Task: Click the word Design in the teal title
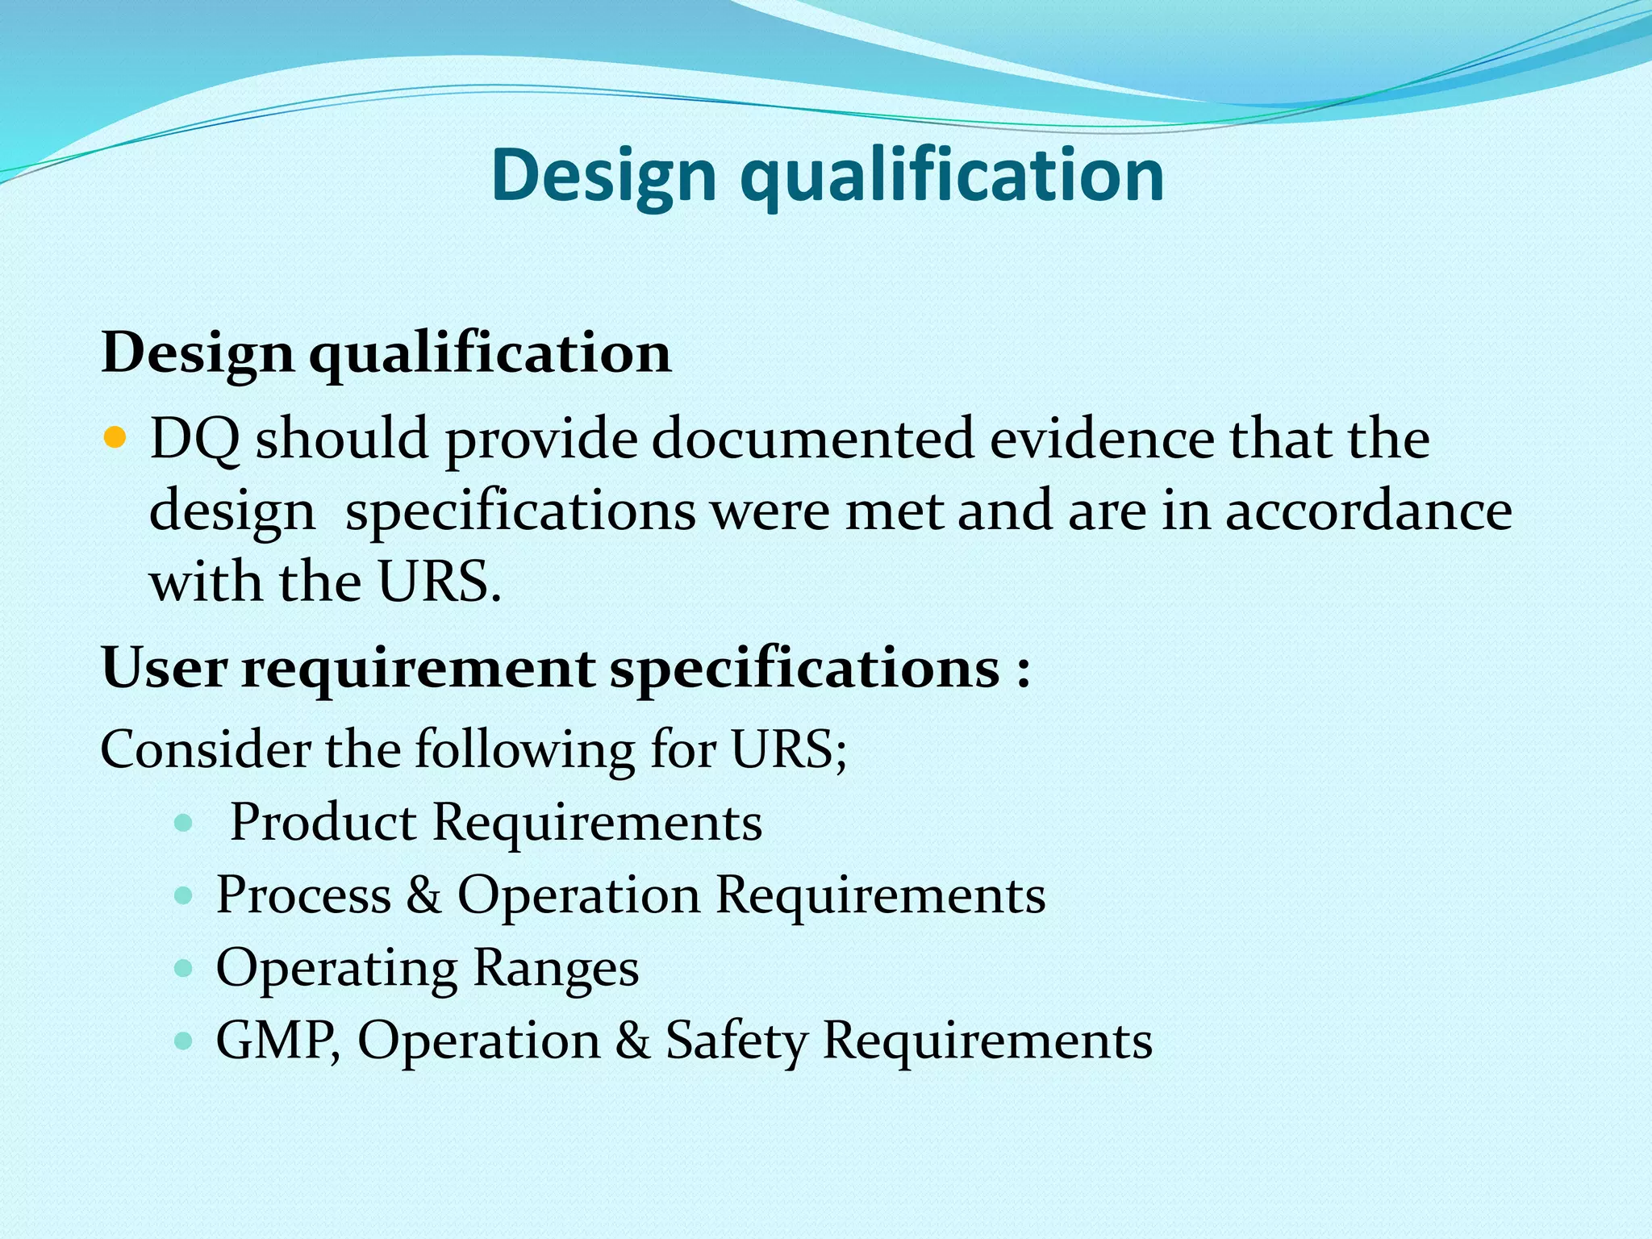pyautogui.click(x=603, y=176)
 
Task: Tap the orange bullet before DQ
pyautogui.click(x=116, y=438)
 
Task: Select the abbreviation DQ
pyautogui.click(x=194, y=440)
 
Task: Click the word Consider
pyautogui.click(x=205, y=749)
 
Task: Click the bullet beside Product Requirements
pyautogui.click(x=184, y=824)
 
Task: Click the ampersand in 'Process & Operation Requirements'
pyautogui.click(x=423, y=895)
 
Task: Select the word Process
pyautogui.click(x=303, y=895)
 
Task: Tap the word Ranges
pyautogui.click(x=556, y=969)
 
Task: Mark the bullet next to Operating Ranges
pyautogui.click(x=184, y=968)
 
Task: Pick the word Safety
pyautogui.click(x=736, y=1041)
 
